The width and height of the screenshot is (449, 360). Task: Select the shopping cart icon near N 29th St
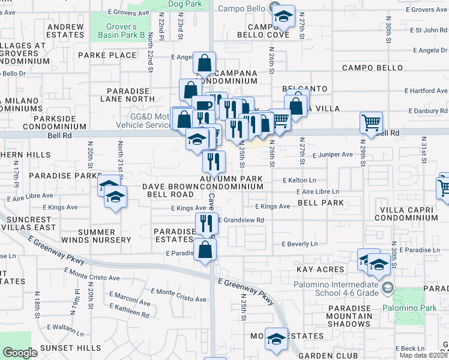371,123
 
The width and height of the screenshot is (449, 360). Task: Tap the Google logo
20,353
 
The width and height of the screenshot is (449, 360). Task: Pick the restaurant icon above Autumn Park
213,161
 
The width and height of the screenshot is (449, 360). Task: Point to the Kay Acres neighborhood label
320,270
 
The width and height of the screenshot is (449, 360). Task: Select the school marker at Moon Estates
276,339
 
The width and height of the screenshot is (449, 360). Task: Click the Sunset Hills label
70,348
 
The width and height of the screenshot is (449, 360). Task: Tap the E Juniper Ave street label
333,154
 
